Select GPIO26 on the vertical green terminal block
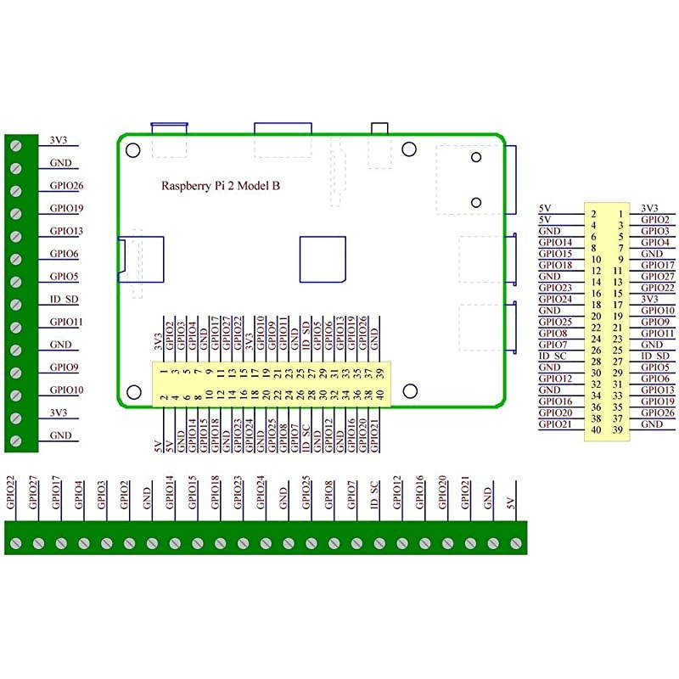(x=66, y=185)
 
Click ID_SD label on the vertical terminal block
(x=65, y=299)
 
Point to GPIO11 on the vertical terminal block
(x=66, y=322)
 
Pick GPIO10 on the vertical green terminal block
(x=66, y=390)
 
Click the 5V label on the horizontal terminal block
(x=510, y=502)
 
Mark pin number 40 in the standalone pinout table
(x=596, y=429)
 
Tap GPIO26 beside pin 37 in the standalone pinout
(x=657, y=412)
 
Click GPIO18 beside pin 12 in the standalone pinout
(x=555, y=265)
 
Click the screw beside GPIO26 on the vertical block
(x=16, y=190)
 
